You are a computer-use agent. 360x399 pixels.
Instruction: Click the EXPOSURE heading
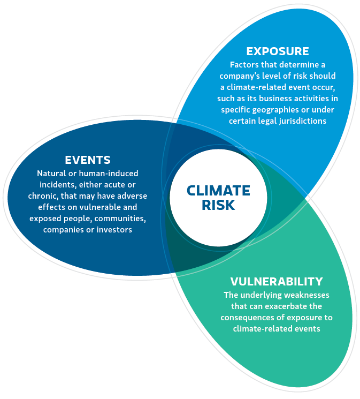[x=277, y=51]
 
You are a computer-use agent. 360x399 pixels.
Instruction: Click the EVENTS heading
[x=88, y=160]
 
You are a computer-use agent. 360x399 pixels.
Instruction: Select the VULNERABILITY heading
[x=277, y=281]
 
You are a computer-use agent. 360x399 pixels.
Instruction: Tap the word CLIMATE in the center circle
[x=218, y=191]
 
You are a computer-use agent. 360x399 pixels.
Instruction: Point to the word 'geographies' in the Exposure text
[x=267, y=110]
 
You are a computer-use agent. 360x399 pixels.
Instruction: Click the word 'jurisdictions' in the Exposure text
[x=301, y=121]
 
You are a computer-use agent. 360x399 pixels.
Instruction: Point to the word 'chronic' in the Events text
[x=44, y=196]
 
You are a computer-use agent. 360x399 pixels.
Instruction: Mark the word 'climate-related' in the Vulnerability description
[x=262, y=329]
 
